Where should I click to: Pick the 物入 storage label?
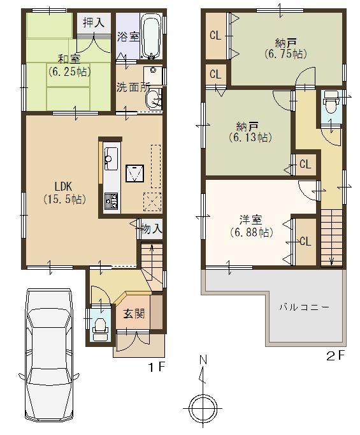click(151, 227)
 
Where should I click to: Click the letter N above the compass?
click(203, 360)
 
